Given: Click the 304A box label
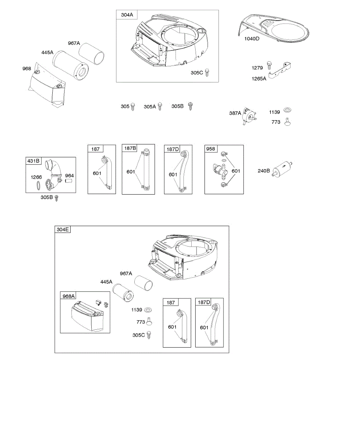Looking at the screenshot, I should click(x=125, y=15).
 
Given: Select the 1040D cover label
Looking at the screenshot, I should click(x=252, y=39).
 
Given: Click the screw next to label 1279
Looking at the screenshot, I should click(x=269, y=67).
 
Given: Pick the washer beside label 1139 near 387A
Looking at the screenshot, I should click(x=287, y=110).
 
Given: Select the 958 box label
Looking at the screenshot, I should click(x=210, y=149).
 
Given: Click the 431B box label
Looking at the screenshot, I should click(x=33, y=161).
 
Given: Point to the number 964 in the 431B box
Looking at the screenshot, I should click(x=69, y=176).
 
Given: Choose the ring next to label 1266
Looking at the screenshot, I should click(x=38, y=186).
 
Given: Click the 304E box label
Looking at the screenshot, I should click(x=62, y=230).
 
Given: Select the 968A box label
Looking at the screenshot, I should click(x=68, y=296).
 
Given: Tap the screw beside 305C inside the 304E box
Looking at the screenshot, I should click(x=149, y=335).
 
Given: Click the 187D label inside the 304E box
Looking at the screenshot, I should click(x=204, y=302).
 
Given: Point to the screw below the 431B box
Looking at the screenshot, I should click(x=56, y=197).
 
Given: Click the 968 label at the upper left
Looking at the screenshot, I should click(x=27, y=68).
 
